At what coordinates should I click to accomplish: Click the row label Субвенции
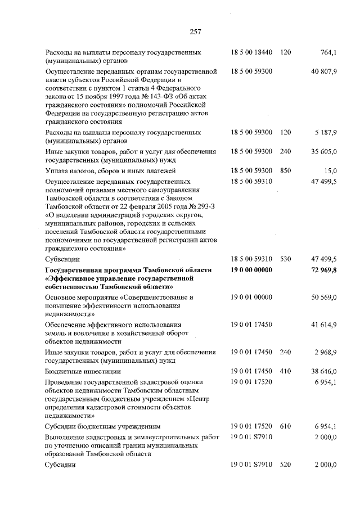click(x=61, y=259)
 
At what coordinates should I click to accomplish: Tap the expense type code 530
click(x=285, y=259)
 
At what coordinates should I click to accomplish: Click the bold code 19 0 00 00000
click(x=251, y=271)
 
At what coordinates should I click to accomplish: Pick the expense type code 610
click(x=285, y=426)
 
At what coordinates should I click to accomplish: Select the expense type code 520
click(x=285, y=465)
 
